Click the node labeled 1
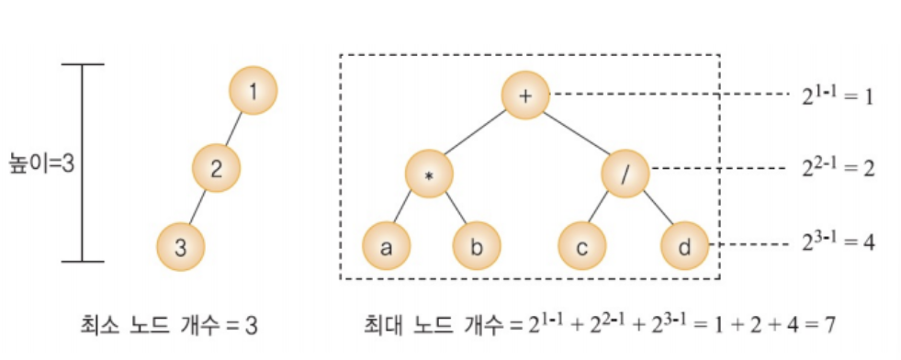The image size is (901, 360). tap(253, 91)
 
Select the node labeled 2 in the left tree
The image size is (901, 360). tap(216, 169)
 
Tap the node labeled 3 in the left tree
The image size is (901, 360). tap(180, 247)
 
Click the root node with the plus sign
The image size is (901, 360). tap(525, 95)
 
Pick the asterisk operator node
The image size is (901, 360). tap(429, 174)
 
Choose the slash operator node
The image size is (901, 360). tap(625, 173)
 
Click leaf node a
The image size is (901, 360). tap(386, 246)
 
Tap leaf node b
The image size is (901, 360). tap(477, 246)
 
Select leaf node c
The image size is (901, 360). tap(582, 246)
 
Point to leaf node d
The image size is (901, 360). tap(684, 246)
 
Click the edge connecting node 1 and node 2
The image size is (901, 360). tap(234, 129)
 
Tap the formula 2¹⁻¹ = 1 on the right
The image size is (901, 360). tap(838, 96)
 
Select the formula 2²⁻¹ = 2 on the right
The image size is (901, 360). tap(838, 169)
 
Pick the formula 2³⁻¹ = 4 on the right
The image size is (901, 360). tap(838, 242)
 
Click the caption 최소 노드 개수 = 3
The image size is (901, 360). tap(168, 326)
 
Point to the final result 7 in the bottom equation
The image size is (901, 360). tap(828, 326)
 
